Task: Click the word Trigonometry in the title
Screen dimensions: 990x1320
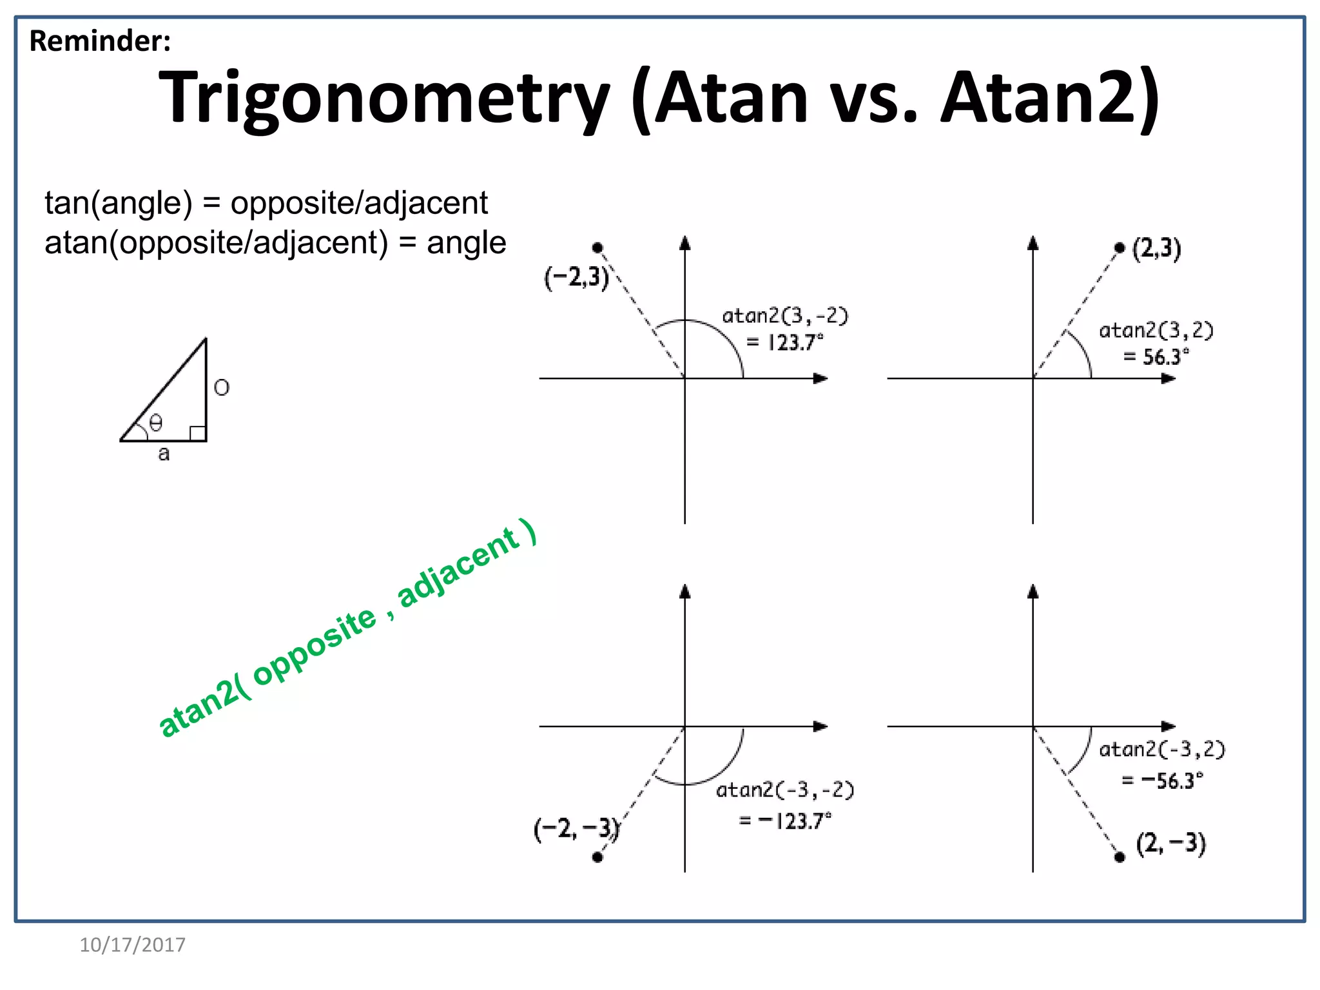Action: click(x=383, y=99)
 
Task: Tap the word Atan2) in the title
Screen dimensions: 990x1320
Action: click(x=1050, y=99)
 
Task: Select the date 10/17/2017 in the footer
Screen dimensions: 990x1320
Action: click(x=132, y=945)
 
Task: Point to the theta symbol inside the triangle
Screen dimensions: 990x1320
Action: click(x=156, y=423)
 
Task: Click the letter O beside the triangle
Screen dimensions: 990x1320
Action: click(x=221, y=387)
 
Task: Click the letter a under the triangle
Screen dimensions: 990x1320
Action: click(x=164, y=454)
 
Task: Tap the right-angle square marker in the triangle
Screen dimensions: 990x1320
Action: click(x=198, y=433)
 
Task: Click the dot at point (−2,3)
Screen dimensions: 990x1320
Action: click(x=597, y=247)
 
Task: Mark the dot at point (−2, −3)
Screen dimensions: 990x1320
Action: click(x=597, y=857)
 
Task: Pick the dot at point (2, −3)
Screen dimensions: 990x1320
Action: click(x=1120, y=857)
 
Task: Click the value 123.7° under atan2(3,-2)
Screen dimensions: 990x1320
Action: click(x=795, y=342)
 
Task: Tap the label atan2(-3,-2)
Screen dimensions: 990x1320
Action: click(x=785, y=790)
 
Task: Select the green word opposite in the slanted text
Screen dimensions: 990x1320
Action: click(x=315, y=646)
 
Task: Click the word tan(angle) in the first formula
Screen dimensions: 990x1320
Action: click(x=119, y=203)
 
